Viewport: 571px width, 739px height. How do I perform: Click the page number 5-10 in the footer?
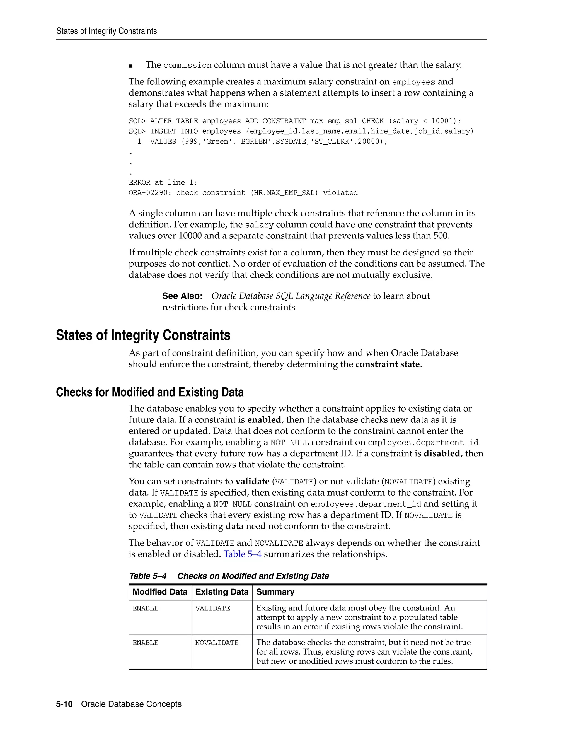pyautogui.click(x=64, y=704)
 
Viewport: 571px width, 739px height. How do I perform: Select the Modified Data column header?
pyautogui.click(x=160, y=592)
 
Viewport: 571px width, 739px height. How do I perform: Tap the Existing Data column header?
pyautogui.click(x=222, y=592)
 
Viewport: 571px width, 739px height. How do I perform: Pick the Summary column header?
pyautogui.click(x=275, y=592)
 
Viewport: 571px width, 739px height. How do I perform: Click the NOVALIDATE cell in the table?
pyautogui.click(x=217, y=643)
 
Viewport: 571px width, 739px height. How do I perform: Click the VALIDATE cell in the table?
pyautogui.click(x=212, y=608)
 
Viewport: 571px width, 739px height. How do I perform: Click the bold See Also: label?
pyautogui.click(x=182, y=296)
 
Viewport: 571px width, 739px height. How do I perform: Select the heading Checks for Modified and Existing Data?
pyautogui.click(x=149, y=392)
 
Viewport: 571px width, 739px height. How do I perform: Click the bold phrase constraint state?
pyautogui.click(x=387, y=364)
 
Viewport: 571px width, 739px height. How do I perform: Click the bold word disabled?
pyautogui.click(x=442, y=453)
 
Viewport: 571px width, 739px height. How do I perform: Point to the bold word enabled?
pyautogui.click(x=264, y=420)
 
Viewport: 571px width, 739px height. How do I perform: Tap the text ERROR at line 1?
pyautogui.click(x=163, y=183)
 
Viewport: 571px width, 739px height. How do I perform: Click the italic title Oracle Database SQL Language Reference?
pyautogui.click(x=291, y=296)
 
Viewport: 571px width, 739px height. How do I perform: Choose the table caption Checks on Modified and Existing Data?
pyautogui.click(x=253, y=576)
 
